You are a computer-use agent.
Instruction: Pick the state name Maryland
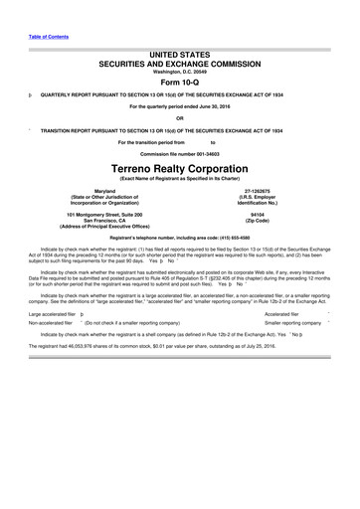coord(113,192)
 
